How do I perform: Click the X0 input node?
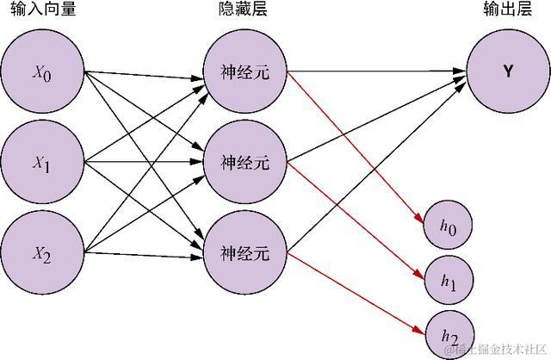42,72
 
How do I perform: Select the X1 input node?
42,162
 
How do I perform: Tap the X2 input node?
42,252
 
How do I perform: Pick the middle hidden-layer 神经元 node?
245,162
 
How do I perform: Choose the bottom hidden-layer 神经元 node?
245,252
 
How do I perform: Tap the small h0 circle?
450,227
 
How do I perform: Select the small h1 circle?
450,280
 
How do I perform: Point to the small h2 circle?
450,335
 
